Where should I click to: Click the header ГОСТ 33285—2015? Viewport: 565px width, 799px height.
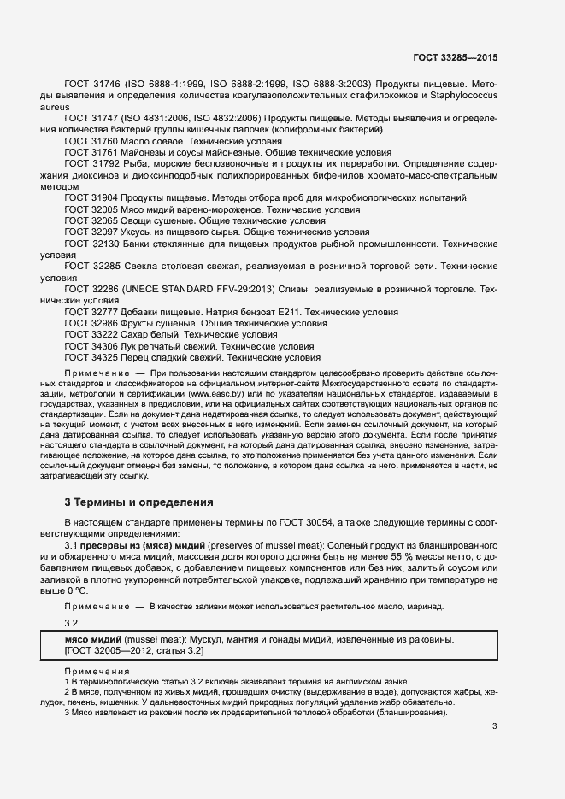click(455, 57)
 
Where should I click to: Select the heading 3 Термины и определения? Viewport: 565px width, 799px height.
click(133, 502)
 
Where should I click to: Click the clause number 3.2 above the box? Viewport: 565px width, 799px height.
click(72, 623)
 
